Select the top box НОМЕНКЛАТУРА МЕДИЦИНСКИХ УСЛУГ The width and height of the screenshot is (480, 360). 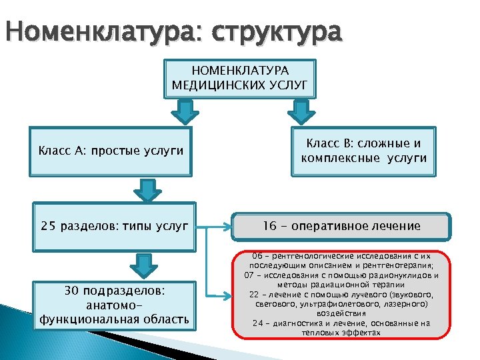point(239,77)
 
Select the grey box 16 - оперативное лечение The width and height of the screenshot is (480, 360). point(341,226)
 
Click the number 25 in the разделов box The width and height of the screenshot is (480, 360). point(49,226)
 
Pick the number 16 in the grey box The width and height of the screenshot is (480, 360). point(269,226)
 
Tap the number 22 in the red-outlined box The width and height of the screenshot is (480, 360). point(254,294)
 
